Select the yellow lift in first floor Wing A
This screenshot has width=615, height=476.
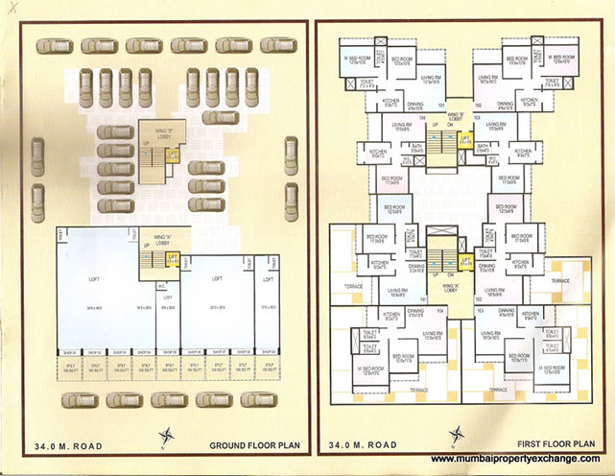[x=466, y=257]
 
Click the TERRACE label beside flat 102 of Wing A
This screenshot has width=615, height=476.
[x=559, y=281]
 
